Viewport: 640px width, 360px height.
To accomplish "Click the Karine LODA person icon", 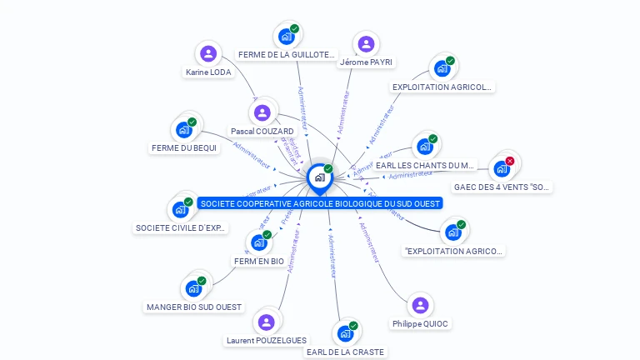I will pyautogui.click(x=208, y=54).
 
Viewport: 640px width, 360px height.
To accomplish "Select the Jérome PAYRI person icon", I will pyautogui.click(x=365, y=44).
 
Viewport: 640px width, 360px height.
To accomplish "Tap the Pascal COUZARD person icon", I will pyautogui.click(x=262, y=112).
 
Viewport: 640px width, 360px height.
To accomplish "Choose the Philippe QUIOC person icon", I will pyautogui.click(x=420, y=306).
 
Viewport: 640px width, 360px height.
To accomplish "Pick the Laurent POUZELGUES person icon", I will pyautogui.click(x=266, y=322).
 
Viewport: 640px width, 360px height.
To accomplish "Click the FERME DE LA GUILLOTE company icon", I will pyautogui.click(x=286, y=37).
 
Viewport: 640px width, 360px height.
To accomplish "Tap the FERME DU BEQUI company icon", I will pyautogui.click(x=182, y=130).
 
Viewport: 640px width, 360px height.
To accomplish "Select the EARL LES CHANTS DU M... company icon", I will pyautogui.click(x=425, y=147).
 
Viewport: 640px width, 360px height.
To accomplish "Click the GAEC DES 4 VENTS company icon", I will pyautogui.click(x=502, y=168).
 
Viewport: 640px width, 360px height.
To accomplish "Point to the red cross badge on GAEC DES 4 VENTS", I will pyautogui.click(x=510, y=161).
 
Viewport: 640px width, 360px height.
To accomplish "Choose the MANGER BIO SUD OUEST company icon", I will pyautogui.click(x=193, y=289).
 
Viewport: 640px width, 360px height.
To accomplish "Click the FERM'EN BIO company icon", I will pyautogui.click(x=258, y=242).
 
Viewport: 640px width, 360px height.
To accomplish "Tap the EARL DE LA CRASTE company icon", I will pyautogui.click(x=345, y=333).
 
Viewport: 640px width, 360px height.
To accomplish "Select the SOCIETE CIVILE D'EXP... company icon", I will pyautogui.click(x=180, y=210).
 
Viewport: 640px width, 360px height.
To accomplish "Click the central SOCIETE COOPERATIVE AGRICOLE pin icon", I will pyautogui.click(x=319, y=177).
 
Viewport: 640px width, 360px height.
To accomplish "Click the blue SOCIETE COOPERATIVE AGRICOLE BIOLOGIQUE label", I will pyautogui.click(x=319, y=203).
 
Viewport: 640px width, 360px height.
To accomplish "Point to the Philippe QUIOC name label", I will pyautogui.click(x=420, y=323).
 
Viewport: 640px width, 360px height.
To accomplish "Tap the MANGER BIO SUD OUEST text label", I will pyautogui.click(x=194, y=307).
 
